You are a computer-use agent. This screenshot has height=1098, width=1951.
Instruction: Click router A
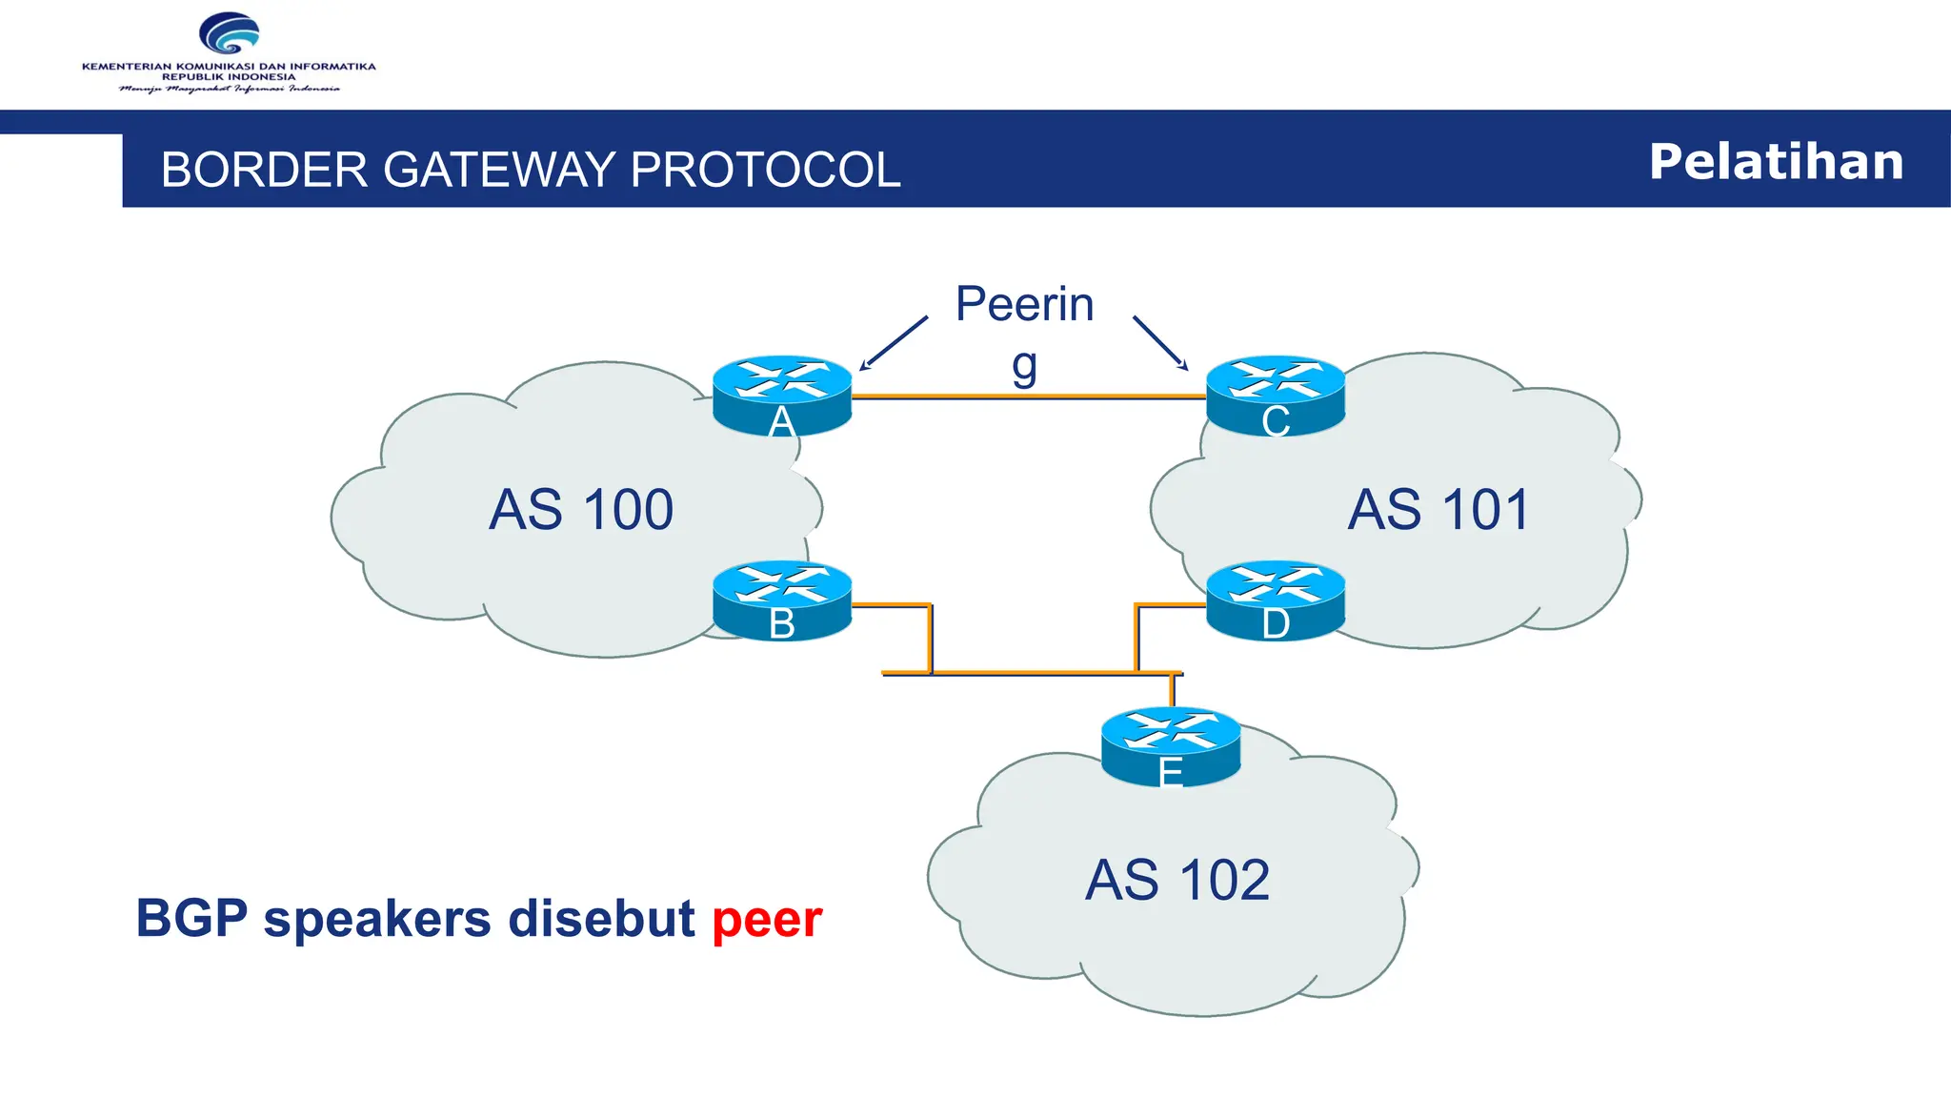782,396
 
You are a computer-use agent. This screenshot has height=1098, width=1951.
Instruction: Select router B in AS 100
782,600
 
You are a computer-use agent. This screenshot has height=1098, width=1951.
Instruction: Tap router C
1276,396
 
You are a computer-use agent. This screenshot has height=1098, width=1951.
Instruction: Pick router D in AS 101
1276,600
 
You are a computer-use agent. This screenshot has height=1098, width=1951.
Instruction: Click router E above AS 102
1171,746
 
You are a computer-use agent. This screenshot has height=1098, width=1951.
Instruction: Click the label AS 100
581,509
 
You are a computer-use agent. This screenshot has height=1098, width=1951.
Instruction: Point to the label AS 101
1438,509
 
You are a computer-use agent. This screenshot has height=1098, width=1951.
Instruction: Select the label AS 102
1177,879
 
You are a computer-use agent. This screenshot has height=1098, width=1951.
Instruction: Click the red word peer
767,920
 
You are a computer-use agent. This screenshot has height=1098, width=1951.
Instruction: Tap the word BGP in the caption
191,918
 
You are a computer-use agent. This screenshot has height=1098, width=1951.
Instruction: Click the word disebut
601,918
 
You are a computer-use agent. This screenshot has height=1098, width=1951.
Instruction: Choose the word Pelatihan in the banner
1776,161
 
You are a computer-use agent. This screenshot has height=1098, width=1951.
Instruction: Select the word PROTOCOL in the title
765,170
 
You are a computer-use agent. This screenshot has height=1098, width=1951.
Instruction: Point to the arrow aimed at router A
893,344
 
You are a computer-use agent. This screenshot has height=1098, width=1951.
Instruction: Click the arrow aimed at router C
1160,343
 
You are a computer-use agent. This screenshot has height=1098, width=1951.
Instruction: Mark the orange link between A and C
1029,396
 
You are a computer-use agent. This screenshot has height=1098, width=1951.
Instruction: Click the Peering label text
1024,305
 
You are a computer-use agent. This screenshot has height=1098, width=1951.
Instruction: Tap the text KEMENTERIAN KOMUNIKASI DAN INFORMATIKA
229,67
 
